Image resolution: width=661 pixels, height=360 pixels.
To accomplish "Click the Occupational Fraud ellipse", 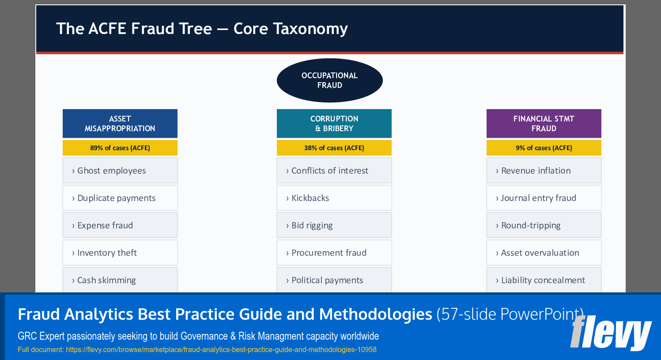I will click(x=329, y=80).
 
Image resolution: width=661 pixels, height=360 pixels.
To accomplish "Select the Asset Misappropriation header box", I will click(x=120, y=124).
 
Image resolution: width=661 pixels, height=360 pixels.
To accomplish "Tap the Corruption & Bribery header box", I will click(x=334, y=124).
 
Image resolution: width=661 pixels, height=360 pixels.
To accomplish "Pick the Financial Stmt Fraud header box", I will click(x=544, y=124).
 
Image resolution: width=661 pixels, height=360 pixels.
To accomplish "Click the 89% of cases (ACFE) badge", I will click(x=120, y=148).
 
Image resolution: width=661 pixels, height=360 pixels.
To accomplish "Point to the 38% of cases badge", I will click(x=334, y=148).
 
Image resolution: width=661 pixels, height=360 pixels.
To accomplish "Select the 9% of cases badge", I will click(x=544, y=148).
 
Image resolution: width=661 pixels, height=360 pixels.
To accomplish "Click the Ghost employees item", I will click(x=120, y=171).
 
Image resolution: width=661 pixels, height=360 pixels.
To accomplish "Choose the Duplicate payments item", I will click(x=120, y=198).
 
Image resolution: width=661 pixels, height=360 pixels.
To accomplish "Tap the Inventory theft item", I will click(x=120, y=253).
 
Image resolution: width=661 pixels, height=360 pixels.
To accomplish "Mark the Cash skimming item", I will click(x=120, y=280).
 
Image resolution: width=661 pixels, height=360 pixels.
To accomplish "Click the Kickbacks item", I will click(x=334, y=198).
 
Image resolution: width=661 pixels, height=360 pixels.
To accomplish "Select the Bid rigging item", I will click(x=334, y=225).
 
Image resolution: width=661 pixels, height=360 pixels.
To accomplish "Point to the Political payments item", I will click(x=334, y=280).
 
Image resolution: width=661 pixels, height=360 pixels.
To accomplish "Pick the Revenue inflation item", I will click(x=544, y=171).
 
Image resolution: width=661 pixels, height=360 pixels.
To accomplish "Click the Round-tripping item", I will click(x=544, y=225).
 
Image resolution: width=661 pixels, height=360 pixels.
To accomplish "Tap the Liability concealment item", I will click(x=544, y=280).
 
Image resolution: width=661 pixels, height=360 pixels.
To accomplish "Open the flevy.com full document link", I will click(x=221, y=350).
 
